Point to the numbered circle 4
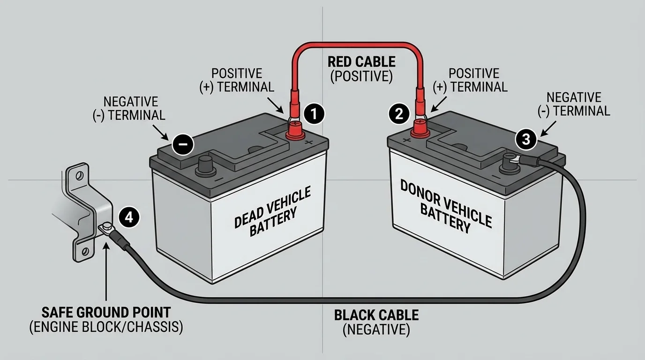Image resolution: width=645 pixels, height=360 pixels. (129, 217)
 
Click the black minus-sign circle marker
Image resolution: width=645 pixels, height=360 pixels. (183, 144)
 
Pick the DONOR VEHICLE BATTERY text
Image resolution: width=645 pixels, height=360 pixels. (445, 205)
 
